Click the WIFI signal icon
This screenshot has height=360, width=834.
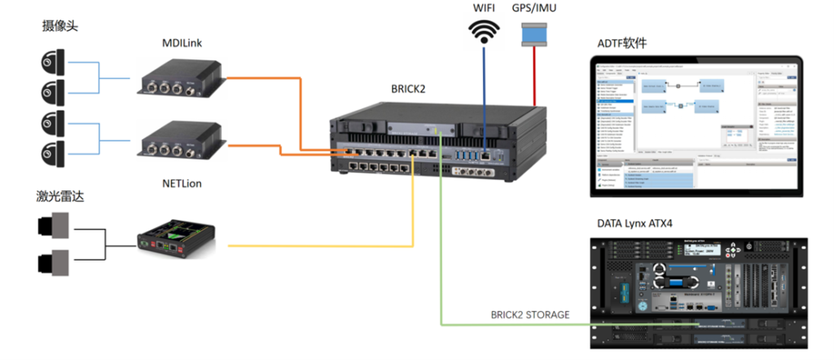486,32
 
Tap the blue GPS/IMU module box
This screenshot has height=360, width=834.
534,34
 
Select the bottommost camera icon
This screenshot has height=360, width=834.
51,151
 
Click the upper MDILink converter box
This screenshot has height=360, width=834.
180,78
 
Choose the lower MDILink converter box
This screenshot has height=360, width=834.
180,140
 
